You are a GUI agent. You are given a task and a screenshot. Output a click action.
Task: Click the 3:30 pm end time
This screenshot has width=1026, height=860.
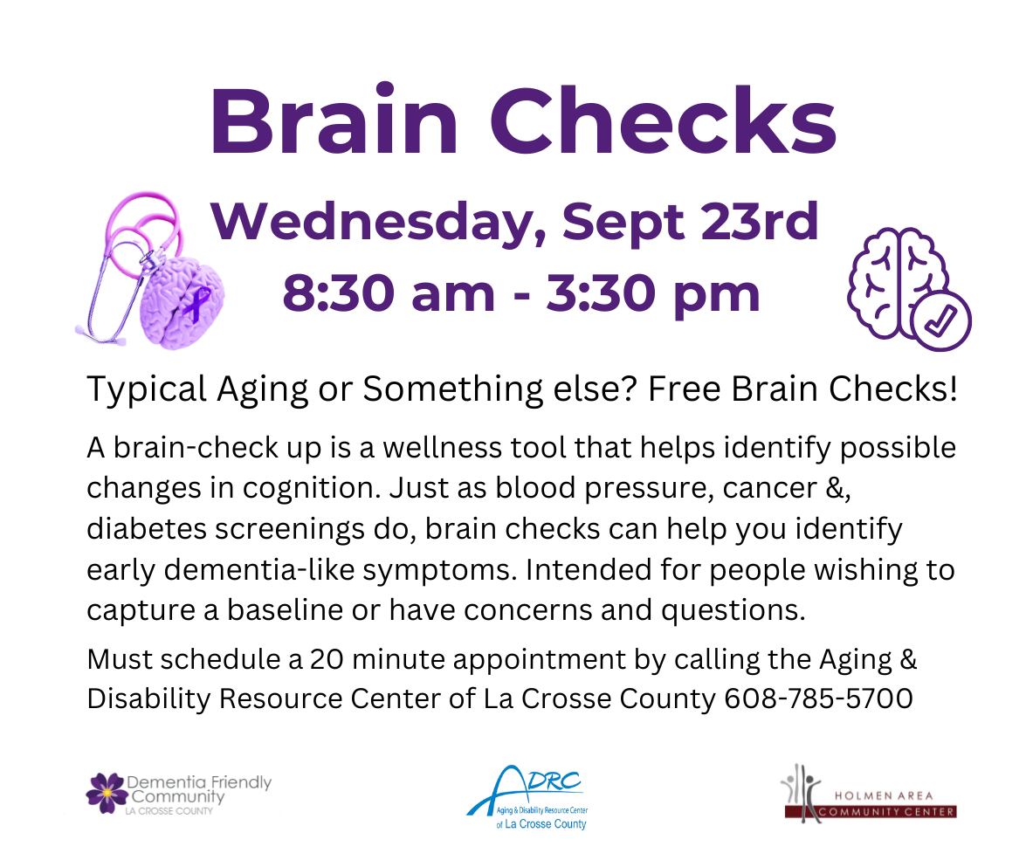click(653, 295)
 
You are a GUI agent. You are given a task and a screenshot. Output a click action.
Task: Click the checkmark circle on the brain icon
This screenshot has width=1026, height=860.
click(940, 320)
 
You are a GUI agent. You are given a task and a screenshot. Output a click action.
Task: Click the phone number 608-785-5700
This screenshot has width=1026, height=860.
click(818, 699)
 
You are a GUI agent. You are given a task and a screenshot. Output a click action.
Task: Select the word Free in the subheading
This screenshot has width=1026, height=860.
click(685, 389)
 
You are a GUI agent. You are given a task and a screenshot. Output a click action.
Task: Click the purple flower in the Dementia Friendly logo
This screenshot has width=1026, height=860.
click(107, 793)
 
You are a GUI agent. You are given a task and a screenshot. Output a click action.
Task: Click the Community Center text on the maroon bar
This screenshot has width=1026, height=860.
click(887, 812)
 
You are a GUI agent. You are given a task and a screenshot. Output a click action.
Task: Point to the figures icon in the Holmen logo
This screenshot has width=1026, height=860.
click(802, 791)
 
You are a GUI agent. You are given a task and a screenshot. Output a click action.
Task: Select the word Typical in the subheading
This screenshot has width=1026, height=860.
click(147, 390)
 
